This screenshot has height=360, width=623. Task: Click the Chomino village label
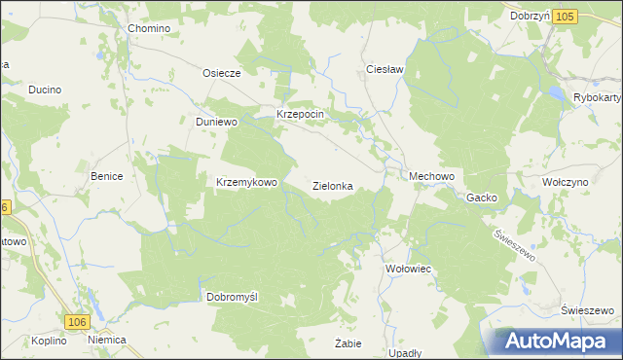click(x=149, y=28)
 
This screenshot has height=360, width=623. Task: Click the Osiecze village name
click(x=220, y=72)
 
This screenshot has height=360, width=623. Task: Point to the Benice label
click(x=106, y=176)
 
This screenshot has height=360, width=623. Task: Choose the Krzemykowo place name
click(x=247, y=182)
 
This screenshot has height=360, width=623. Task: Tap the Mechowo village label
click(x=432, y=176)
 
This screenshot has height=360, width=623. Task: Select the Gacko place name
click(x=481, y=198)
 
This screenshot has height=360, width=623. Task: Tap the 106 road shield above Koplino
click(x=78, y=322)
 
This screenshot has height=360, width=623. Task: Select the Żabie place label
click(x=348, y=343)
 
